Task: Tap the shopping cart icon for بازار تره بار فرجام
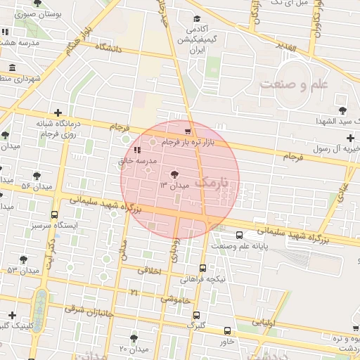point(187,131)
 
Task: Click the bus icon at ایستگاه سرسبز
point(55,215)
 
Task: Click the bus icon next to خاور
point(227,330)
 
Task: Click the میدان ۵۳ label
point(22,270)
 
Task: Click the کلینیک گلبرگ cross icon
point(11,314)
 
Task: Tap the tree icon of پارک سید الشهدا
point(342,110)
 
